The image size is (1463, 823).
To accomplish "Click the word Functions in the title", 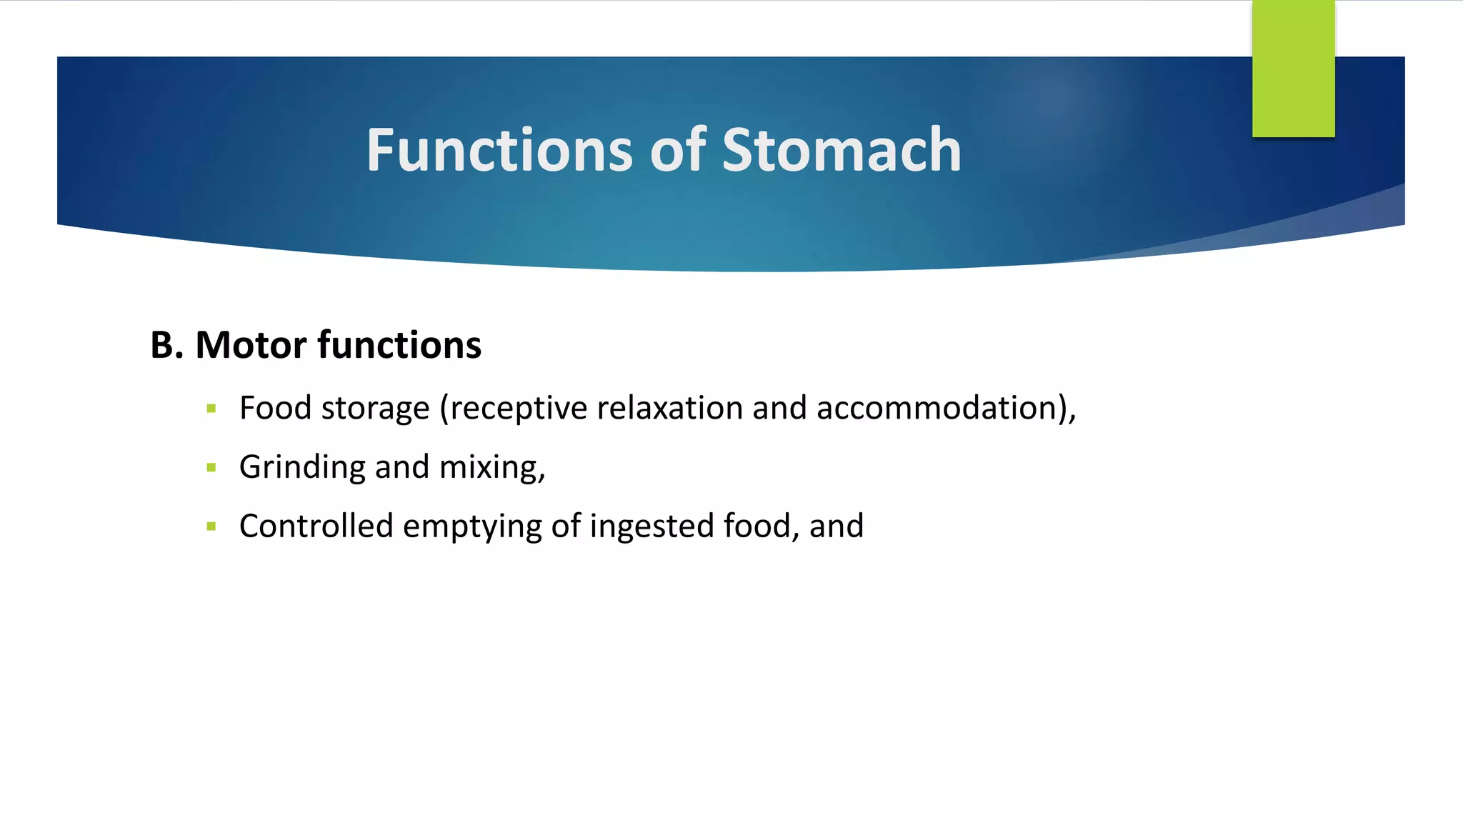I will click(499, 150).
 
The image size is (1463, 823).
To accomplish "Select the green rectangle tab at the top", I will click(1293, 69).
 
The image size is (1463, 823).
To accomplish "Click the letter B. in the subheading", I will click(167, 345).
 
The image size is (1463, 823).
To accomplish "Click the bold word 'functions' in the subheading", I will click(399, 345).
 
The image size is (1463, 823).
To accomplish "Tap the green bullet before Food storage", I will click(211, 409).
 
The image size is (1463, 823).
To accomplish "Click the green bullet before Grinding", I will click(211, 468).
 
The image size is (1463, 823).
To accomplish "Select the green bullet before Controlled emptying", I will click(211, 527).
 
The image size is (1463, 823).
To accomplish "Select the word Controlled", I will click(316, 527).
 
